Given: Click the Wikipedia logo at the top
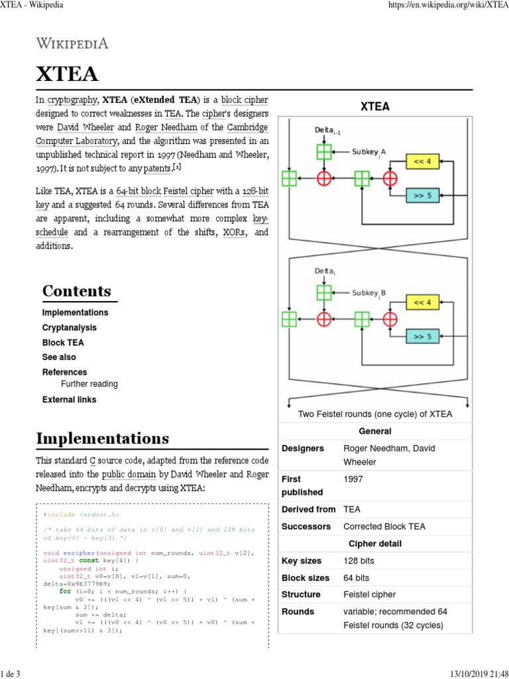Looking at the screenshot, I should coord(72,44).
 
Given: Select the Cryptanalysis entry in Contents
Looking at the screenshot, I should coord(69,328).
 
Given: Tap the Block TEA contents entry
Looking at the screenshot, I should coord(63,343).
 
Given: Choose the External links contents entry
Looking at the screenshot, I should coord(69,400).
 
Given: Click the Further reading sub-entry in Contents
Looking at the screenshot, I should coord(89,384).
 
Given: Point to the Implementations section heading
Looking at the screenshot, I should coord(102,438).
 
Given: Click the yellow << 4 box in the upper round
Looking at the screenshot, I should coord(422,161).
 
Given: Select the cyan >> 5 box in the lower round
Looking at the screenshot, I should coord(422,337).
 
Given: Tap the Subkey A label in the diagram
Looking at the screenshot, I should coord(368,152).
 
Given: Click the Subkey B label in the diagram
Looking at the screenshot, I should coord(369,292).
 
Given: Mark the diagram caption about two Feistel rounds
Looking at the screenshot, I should coord(375,414).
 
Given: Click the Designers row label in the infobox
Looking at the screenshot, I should coord(302,449).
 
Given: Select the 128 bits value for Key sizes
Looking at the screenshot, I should coord(359,561).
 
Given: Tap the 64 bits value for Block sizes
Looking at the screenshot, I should coord(357,578).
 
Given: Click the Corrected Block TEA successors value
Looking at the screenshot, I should coord(384,526).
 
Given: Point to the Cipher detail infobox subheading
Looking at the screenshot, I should coord(375,544).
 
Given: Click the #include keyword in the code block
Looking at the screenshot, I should coord(59,515).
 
